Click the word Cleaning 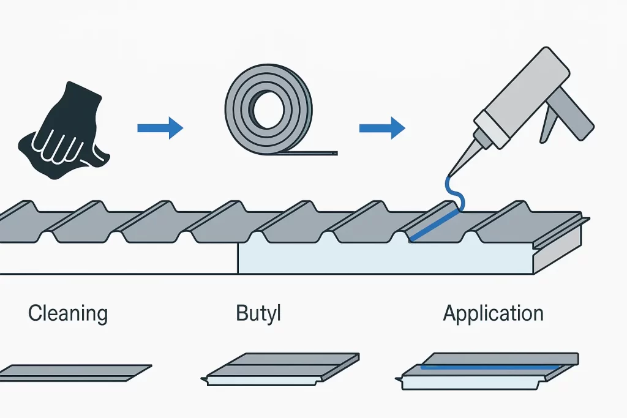click(68, 314)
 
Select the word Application click(493, 314)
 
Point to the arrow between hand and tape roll click(160, 127)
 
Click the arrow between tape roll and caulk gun click(381, 128)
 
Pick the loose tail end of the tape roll click(318, 153)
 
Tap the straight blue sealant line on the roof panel click(432, 225)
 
